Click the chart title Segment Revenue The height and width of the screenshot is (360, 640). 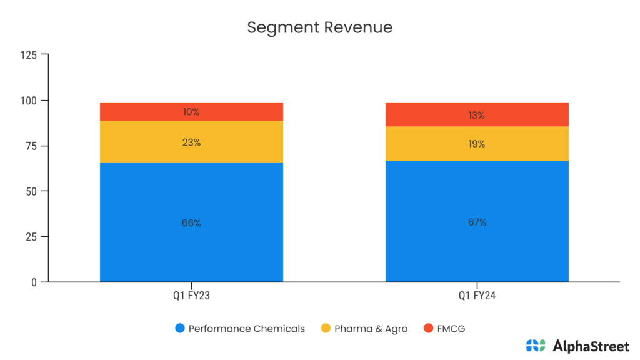pyautogui.click(x=319, y=27)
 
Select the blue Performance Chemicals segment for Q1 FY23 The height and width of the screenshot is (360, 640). pyautogui.click(x=191, y=250)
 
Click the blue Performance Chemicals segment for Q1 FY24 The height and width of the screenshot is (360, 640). pyautogui.click(x=477, y=250)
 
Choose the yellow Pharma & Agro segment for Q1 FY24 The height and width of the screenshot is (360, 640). pyautogui.click(x=477, y=153)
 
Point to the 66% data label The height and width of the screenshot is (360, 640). pyautogui.click(x=191, y=223)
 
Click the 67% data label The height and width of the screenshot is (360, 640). pyautogui.click(x=477, y=222)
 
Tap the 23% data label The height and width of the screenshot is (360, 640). pyautogui.click(x=191, y=142)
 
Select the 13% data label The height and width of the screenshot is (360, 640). pyautogui.click(x=477, y=116)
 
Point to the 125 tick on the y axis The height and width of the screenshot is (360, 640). pyautogui.click(x=29, y=55)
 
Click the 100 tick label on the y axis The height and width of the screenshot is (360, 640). pyautogui.click(x=29, y=101)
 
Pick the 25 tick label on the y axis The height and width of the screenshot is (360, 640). pyautogui.click(x=32, y=237)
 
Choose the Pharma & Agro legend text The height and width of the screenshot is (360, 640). pyautogui.click(x=371, y=329)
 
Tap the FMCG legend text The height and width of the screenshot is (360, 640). pyautogui.click(x=451, y=329)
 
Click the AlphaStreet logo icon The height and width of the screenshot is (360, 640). pyautogui.click(x=536, y=345)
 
